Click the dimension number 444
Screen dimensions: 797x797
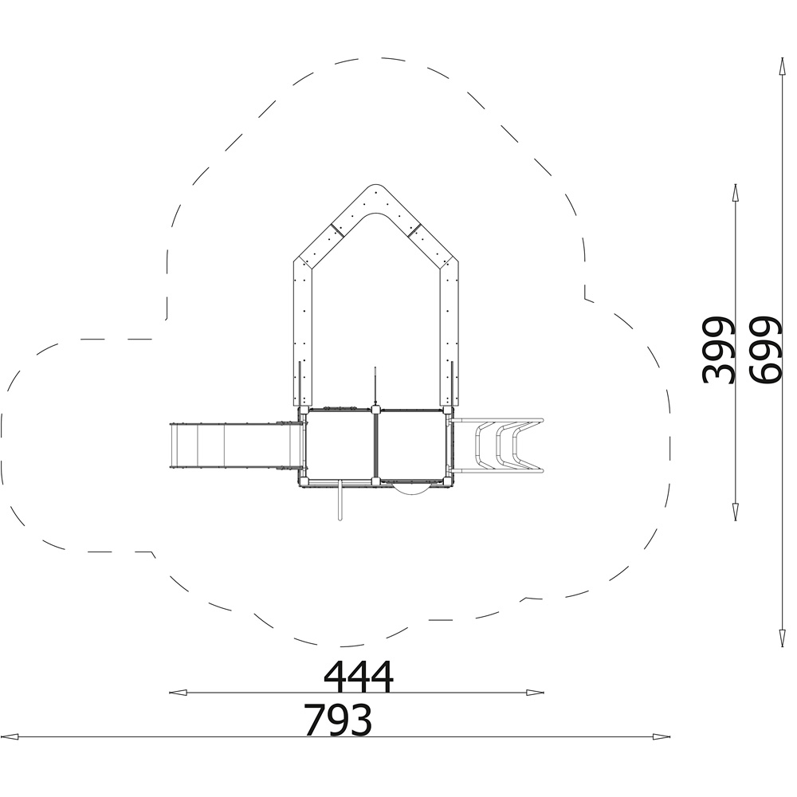pos(359,677)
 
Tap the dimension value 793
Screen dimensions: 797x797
pos(338,720)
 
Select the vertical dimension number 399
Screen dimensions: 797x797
pos(718,350)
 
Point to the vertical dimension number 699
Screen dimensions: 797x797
pos(764,350)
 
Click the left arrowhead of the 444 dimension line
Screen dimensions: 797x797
pos(178,693)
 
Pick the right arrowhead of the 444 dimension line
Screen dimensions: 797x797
pos(535,693)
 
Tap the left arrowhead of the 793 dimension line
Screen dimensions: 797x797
pos(10,736)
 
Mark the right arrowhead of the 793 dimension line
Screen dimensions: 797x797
pos(661,736)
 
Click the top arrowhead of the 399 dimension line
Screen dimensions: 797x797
pos(735,193)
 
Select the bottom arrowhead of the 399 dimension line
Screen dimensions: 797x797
pos(735,512)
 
